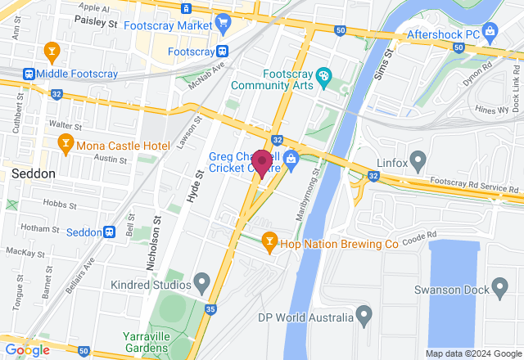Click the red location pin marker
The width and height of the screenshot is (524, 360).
point(262,162)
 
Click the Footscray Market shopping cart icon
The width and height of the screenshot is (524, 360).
point(224,25)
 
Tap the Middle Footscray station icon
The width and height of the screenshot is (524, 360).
point(30,74)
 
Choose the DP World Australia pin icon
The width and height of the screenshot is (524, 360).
point(364,315)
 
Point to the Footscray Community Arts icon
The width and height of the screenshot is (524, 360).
point(323,78)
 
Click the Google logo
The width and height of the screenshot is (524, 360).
point(27,349)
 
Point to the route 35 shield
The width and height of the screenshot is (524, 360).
point(210,309)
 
